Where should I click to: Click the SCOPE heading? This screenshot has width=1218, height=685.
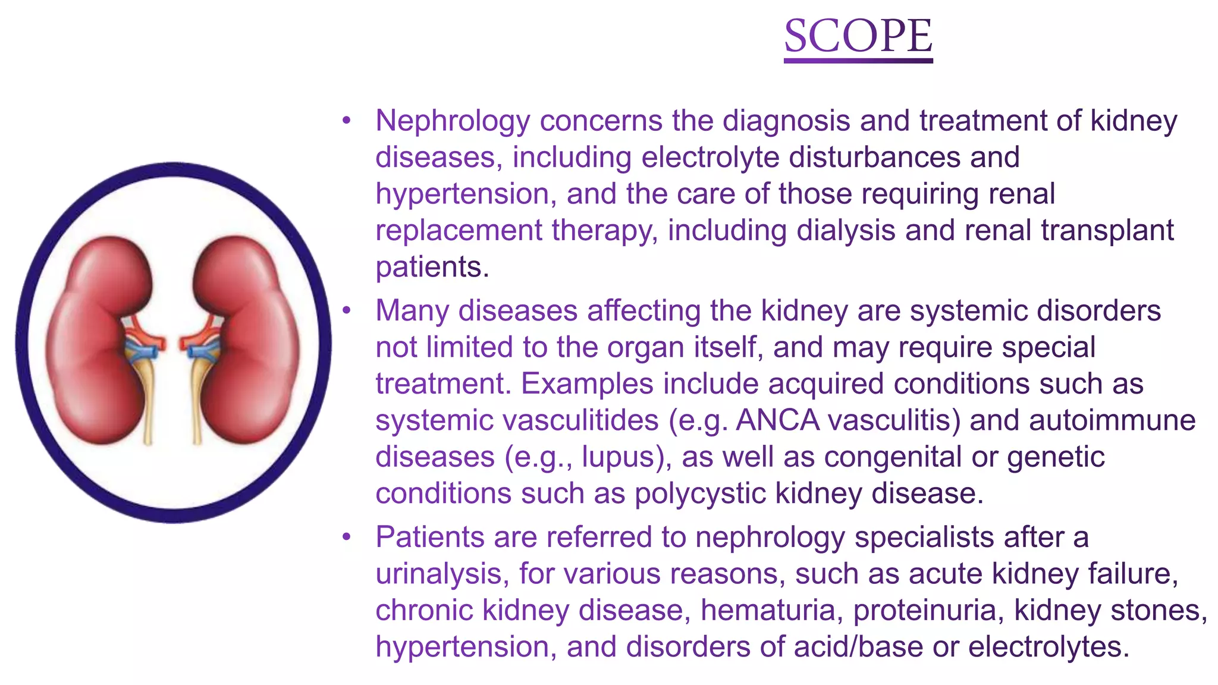tap(858, 36)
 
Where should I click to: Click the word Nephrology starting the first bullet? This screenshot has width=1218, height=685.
tap(453, 121)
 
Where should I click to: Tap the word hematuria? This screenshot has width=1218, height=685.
tap(768, 611)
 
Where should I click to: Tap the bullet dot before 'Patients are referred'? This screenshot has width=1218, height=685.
tap(347, 538)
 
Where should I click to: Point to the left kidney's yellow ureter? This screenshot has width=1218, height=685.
tap(147, 404)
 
